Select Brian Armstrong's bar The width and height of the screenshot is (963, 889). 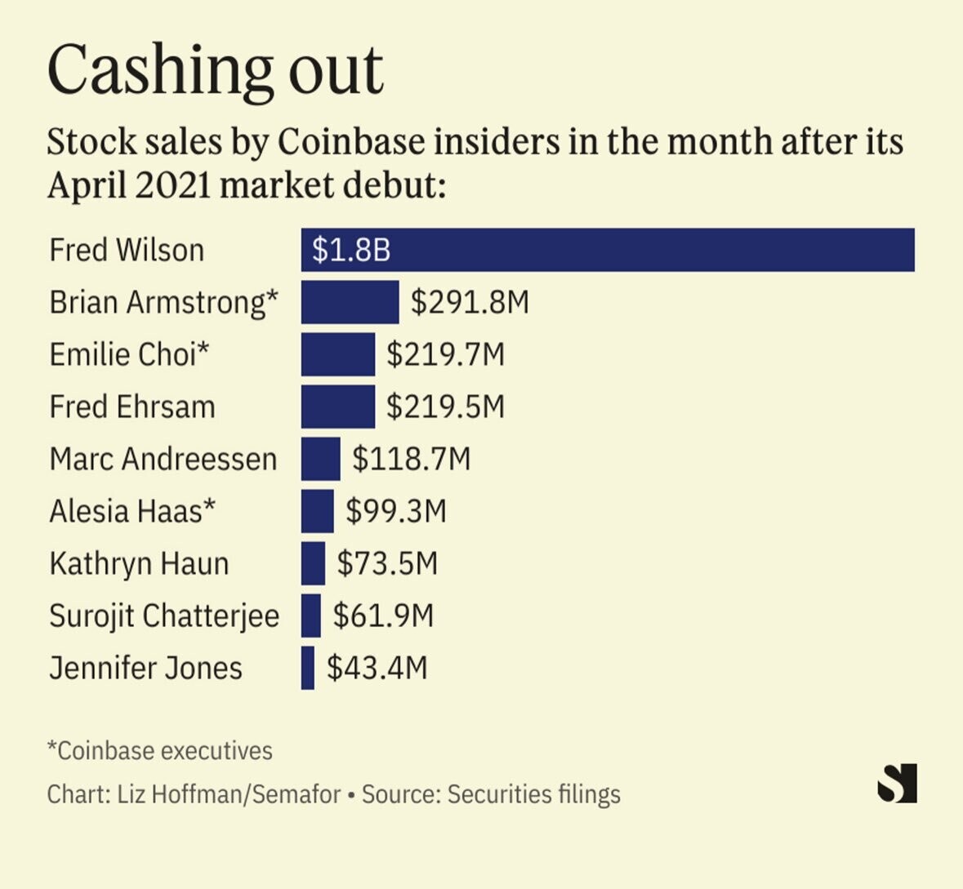click(x=350, y=302)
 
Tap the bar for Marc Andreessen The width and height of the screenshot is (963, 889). click(x=320, y=459)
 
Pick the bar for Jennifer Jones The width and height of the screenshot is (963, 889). click(x=308, y=668)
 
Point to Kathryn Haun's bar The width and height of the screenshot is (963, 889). click(x=313, y=563)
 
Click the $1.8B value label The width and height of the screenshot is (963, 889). click(x=351, y=250)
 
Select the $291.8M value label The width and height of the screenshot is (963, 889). click(x=470, y=302)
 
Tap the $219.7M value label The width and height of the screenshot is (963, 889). click(x=445, y=354)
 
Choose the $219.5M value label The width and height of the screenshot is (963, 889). click(x=445, y=407)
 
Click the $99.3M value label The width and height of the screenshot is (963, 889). click(x=396, y=511)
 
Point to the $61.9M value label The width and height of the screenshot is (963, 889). click(x=383, y=616)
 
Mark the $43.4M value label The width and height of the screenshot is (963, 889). click(x=377, y=668)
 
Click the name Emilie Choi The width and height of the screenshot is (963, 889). click(x=129, y=354)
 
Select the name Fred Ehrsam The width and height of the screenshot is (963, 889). click(x=132, y=407)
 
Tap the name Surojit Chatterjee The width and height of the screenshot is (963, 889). click(x=164, y=616)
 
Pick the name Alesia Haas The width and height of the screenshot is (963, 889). click(x=132, y=511)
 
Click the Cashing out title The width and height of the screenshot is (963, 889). click(x=216, y=70)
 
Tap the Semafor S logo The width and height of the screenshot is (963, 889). click(x=897, y=783)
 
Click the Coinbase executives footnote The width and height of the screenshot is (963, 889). click(x=160, y=750)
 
